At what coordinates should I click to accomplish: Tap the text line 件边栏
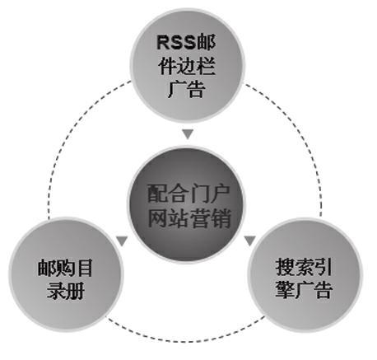(186, 66)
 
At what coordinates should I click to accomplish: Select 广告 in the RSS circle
(186, 88)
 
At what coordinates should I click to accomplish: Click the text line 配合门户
(188, 194)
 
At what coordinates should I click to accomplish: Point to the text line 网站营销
(189, 217)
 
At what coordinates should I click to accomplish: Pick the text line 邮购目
(65, 268)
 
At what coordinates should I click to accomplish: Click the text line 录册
(65, 290)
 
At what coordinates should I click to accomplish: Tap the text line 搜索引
(304, 267)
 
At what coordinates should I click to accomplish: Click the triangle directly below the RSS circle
(188, 133)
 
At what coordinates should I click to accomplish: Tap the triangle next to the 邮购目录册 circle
(122, 241)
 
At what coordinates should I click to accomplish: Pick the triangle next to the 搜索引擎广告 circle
(249, 241)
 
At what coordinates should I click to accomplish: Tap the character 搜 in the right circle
(285, 267)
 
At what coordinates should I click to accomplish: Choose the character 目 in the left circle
(84, 268)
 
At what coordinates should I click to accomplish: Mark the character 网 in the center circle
(158, 217)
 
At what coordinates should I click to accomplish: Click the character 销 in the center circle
(221, 217)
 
